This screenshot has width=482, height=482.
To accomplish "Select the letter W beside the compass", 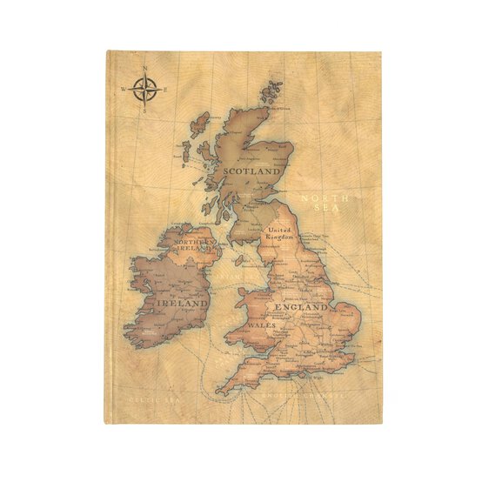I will (x=124, y=89).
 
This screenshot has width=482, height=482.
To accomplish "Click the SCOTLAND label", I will (x=251, y=171).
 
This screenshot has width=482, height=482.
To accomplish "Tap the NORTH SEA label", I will (x=325, y=203).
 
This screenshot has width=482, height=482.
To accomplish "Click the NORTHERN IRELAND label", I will (x=195, y=244).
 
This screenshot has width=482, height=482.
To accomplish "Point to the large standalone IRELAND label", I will (x=183, y=304).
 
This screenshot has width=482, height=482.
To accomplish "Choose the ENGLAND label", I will (x=301, y=307).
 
